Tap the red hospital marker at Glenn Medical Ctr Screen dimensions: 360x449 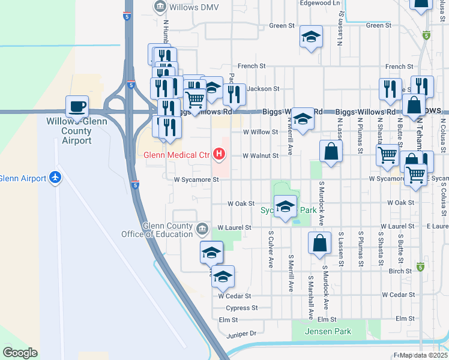tap(219, 155)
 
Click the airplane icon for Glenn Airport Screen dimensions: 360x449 tap(56, 178)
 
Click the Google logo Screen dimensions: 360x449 tap(20, 353)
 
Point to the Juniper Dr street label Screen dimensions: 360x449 tap(241, 333)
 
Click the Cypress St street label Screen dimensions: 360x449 tap(243, 308)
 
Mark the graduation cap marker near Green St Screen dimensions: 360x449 tap(311, 37)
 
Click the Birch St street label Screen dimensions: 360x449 tap(400, 271)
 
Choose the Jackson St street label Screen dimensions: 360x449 tap(263, 89)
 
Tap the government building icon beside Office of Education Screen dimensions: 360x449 tap(202, 227)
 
